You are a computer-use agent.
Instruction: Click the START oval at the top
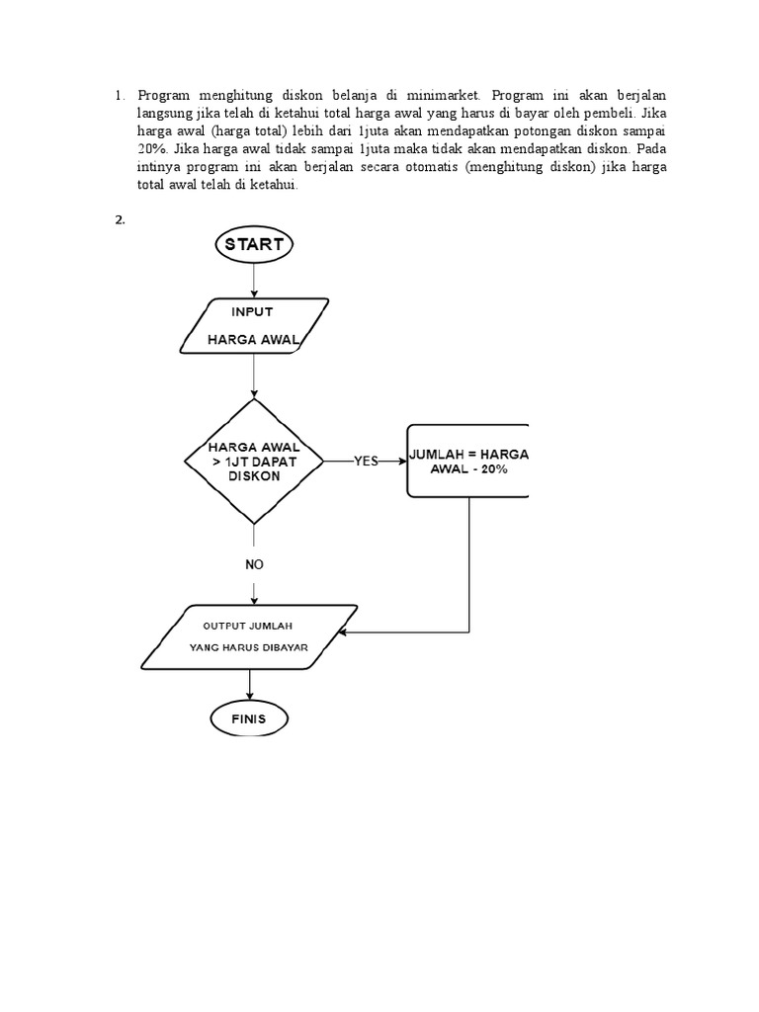point(254,243)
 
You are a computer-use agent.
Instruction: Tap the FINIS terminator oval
point(249,718)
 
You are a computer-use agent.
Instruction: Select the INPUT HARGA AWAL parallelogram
point(253,326)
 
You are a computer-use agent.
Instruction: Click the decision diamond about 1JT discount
point(254,462)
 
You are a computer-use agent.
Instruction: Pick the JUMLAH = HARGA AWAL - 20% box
point(468,461)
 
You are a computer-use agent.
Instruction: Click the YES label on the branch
point(366,462)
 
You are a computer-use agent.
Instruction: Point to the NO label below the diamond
point(254,564)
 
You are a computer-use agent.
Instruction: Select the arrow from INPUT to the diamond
point(254,376)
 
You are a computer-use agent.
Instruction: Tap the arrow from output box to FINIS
point(249,684)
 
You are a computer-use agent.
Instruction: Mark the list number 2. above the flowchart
point(120,220)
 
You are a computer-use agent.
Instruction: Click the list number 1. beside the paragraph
point(120,96)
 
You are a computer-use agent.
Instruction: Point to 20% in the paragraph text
point(153,149)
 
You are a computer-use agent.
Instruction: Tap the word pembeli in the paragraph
point(619,114)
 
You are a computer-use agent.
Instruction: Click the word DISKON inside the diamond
point(254,476)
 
